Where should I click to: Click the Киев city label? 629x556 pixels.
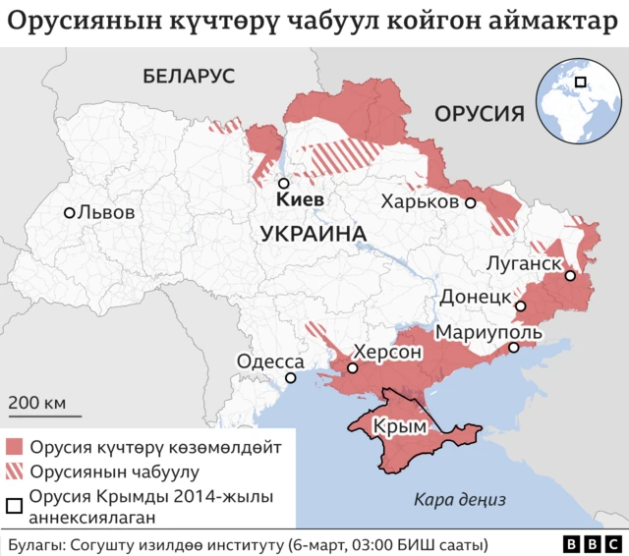[x=301, y=200]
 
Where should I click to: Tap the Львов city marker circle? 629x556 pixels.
[x=70, y=212]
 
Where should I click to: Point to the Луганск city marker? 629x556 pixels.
[x=569, y=276]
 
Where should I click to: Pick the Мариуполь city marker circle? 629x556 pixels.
[x=513, y=348]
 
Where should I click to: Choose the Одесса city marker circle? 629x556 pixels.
[x=290, y=378]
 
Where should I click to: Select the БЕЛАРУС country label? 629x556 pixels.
[x=189, y=76]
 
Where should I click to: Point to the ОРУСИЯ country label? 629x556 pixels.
[x=479, y=112]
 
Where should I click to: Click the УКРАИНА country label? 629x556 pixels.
[x=314, y=234]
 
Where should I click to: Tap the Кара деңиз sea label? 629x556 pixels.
[x=459, y=499]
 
